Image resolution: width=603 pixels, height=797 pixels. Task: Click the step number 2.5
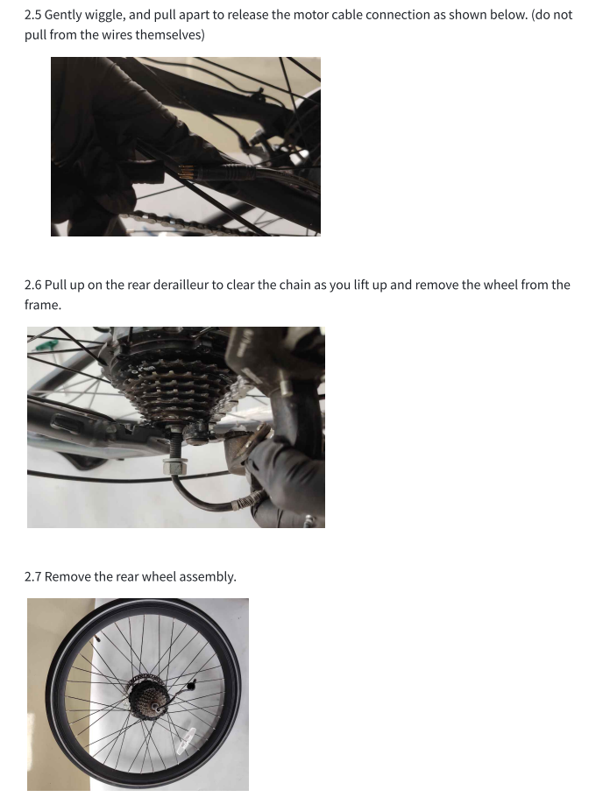[x=32, y=15]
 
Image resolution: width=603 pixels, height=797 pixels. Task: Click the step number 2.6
[x=32, y=285]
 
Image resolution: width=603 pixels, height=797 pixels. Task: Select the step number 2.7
[x=32, y=577]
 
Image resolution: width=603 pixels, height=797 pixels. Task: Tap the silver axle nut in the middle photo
[x=174, y=464]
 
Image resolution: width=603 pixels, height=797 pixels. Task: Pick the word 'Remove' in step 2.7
[x=67, y=577]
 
